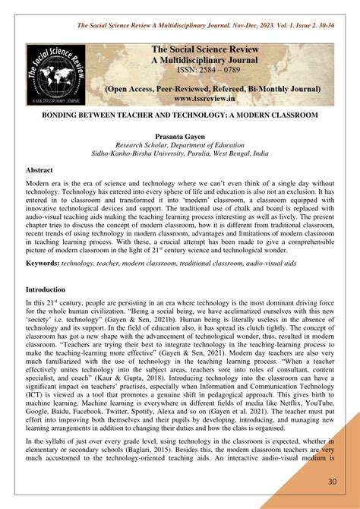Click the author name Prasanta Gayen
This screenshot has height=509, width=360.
(179, 134)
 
